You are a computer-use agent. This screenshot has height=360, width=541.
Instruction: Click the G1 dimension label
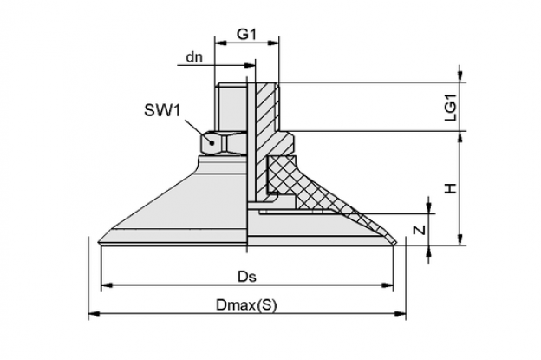point(246,34)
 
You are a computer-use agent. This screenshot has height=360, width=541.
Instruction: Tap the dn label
point(194,57)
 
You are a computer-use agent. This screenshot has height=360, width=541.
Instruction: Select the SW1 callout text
point(162,110)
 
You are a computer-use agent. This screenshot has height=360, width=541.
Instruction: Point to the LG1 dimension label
point(450,108)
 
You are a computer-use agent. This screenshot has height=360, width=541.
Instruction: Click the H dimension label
point(450,188)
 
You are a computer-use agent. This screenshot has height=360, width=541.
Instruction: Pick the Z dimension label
point(420,230)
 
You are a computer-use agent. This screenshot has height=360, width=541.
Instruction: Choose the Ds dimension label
point(247,277)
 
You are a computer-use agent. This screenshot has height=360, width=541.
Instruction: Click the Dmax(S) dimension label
point(246,305)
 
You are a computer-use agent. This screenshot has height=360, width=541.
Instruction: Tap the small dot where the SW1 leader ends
point(212,142)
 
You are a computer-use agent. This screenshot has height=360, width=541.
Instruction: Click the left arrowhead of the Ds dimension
point(107,285)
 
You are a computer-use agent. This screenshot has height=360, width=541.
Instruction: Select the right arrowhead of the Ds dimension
point(388,285)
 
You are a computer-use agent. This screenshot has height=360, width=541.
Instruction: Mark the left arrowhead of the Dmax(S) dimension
point(95,314)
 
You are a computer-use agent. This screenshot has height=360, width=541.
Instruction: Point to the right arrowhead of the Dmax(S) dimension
point(401,314)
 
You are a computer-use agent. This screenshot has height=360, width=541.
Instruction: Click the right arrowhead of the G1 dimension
point(273,43)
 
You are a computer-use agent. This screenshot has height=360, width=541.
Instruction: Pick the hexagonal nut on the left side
point(224,142)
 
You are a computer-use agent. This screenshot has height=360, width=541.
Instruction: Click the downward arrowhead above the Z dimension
point(429,207)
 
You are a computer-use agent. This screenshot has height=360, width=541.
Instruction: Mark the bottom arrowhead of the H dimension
point(460,239)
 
